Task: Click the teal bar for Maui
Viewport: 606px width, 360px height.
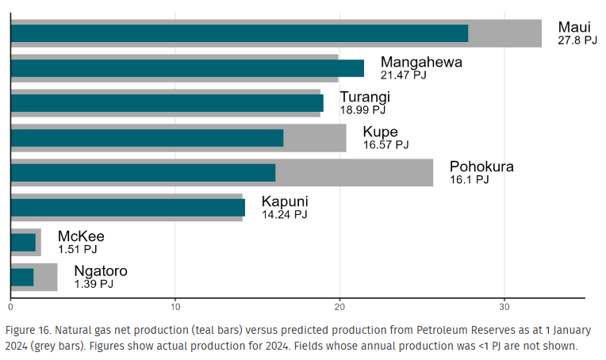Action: [x=239, y=33]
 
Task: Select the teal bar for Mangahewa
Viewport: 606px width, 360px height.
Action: [x=187, y=68]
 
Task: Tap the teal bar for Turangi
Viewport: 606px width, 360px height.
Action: [x=167, y=103]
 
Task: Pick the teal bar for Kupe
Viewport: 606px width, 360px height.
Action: [x=147, y=138]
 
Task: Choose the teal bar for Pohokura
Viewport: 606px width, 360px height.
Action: [x=143, y=173]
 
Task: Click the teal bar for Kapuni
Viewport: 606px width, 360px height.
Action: [x=128, y=208]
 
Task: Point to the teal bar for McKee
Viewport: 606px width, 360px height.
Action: [x=23, y=243]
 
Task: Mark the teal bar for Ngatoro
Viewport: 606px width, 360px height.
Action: [x=22, y=278]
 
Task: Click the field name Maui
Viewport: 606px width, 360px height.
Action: [x=574, y=27]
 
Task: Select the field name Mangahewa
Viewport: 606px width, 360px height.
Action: [x=420, y=62]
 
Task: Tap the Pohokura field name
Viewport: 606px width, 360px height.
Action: [x=481, y=167]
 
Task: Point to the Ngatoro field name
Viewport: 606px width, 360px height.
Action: [x=101, y=271]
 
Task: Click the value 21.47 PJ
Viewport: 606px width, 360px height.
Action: [x=404, y=75]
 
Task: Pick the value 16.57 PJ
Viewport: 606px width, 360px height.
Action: [x=385, y=145]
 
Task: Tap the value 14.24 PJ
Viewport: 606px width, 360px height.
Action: [x=284, y=214]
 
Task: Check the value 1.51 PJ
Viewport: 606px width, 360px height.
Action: [x=78, y=249]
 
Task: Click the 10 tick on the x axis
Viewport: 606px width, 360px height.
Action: [x=175, y=306]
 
